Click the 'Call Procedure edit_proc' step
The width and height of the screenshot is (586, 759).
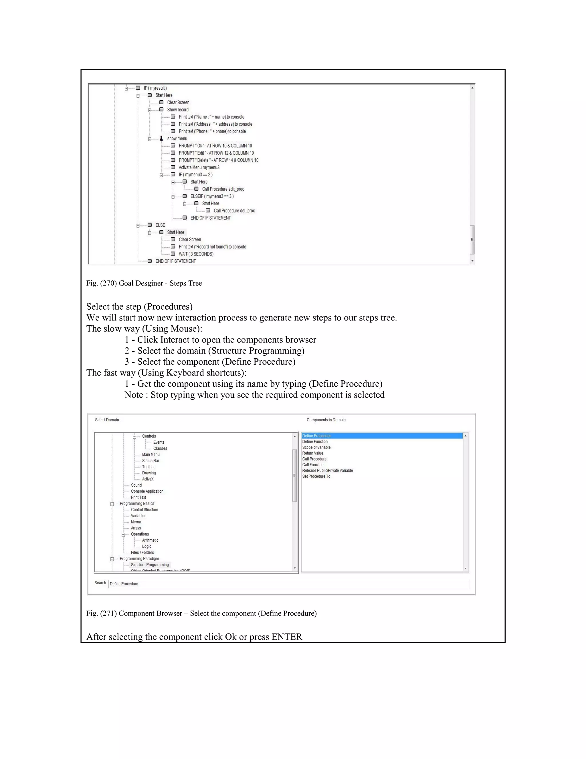[x=223, y=189]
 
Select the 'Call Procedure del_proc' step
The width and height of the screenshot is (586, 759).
[x=234, y=211]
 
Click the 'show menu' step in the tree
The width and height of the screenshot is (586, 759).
[x=177, y=139]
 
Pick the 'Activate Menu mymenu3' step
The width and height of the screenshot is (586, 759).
[x=199, y=168]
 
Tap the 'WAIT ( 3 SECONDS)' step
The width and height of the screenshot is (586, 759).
[x=196, y=254]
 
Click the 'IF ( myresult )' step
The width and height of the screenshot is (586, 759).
[x=155, y=88]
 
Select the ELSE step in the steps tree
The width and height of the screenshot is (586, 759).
[x=160, y=225]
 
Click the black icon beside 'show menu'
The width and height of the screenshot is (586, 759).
[x=161, y=139]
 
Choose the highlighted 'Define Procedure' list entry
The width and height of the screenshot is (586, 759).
[x=316, y=436]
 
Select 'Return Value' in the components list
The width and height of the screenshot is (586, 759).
[x=312, y=453]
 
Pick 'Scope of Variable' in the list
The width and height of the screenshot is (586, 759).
[x=316, y=448]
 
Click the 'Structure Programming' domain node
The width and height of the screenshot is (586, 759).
[x=150, y=565]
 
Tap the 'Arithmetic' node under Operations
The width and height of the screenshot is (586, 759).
[x=150, y=540]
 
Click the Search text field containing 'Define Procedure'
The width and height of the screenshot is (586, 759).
[x=288, y=584]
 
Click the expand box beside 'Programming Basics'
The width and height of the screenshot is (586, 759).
[x=112, y=504]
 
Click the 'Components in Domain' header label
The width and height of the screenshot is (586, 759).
[x=326, y=420]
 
